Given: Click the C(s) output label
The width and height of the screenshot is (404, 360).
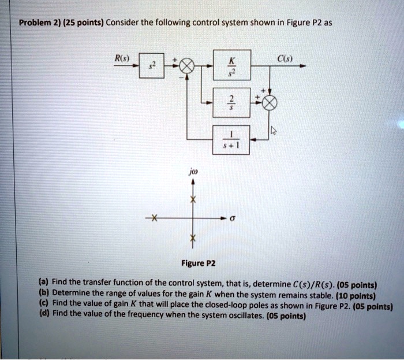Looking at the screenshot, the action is (285, 59).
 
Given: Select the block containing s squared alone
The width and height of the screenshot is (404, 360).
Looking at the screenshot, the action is (151, 65).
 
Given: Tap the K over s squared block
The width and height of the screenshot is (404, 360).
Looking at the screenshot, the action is (232, 65).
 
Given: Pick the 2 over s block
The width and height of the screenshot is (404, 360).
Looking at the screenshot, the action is (231, 103).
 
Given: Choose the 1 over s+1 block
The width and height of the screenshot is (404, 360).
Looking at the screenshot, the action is (231, 140).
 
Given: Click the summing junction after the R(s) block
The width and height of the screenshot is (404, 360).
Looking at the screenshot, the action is (187, 66).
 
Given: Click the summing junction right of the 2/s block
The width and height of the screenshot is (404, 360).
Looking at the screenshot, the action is (270, 103).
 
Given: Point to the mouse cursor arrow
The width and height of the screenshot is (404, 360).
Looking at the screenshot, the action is (274, 131).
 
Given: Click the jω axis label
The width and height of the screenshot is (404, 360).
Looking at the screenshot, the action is (193, 172).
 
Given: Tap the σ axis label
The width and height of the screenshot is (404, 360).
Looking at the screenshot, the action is (232, 218).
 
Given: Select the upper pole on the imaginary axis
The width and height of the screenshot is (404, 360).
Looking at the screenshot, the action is (193, 199).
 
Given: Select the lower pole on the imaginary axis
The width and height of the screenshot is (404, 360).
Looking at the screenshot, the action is (193, 237).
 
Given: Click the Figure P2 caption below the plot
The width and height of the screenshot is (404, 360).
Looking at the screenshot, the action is (198, 263).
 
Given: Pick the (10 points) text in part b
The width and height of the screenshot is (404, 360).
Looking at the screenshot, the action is (356, 296).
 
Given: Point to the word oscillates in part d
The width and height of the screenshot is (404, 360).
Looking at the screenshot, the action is (248, 316).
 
